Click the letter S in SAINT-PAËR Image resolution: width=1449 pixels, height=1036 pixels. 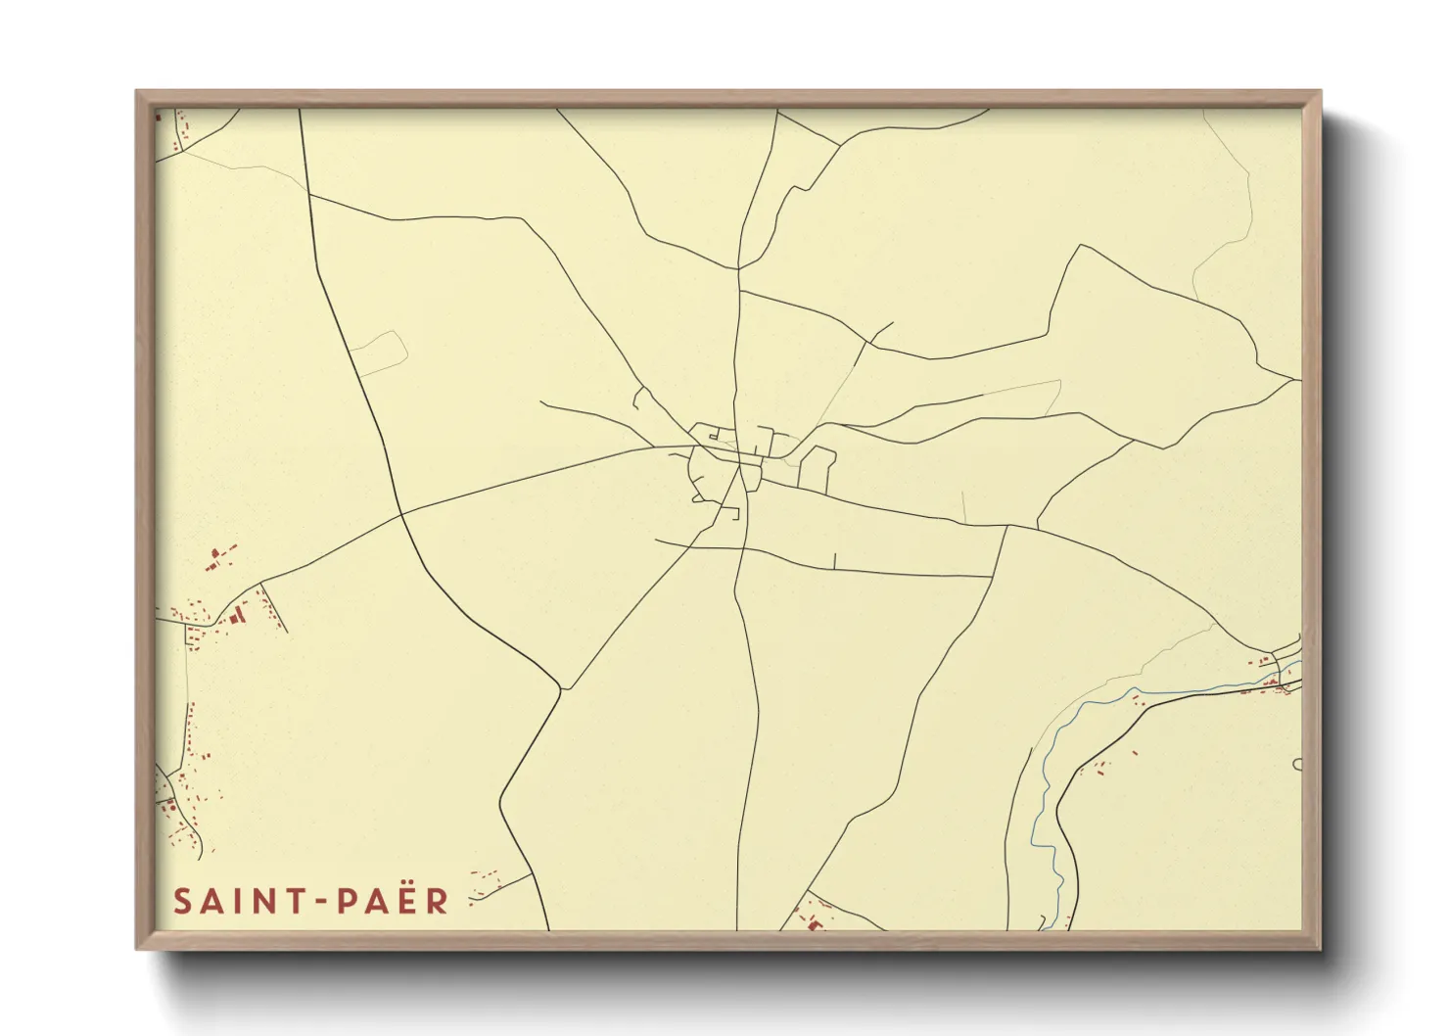[182, 901]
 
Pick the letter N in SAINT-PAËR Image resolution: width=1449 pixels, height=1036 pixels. [265, 901]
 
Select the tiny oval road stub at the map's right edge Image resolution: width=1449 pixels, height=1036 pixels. [1297, 764]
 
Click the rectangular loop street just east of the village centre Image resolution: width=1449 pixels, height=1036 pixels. [818, 468]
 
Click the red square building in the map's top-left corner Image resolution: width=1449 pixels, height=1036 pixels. [159, 117]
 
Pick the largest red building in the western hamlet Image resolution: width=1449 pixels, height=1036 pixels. [236, 615]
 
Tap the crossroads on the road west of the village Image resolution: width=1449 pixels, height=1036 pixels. [401, 512]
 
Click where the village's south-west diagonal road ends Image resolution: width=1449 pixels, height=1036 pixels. [560, 690]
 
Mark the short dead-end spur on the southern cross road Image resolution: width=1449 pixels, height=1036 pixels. [834, 560]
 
